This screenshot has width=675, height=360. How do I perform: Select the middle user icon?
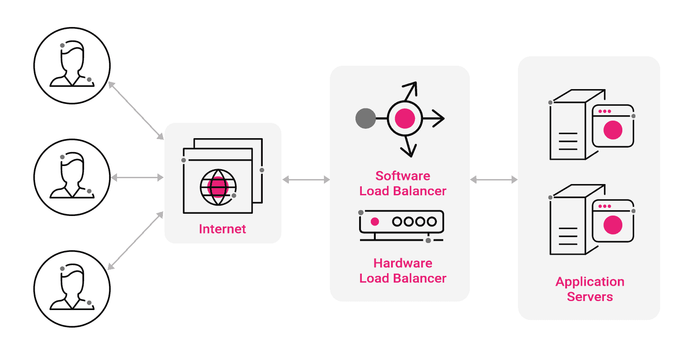coord(72,176)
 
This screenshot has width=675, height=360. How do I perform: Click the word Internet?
coord(222,229)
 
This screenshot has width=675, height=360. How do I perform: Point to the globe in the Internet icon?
coord(218,187)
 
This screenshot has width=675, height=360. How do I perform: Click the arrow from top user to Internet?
coord(136,111)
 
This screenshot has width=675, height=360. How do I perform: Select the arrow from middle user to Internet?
coord(137,178)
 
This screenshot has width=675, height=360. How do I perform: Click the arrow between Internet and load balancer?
coord(306,180)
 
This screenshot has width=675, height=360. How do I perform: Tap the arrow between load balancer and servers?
coord(494,180)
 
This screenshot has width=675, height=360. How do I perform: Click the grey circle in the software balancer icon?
coord(365,118)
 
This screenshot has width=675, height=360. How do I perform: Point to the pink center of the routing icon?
coord(404,118)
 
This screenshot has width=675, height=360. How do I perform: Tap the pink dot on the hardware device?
coord(374,221)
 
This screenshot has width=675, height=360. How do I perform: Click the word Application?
coord(589,282)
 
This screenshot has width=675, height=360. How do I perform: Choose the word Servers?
coord(589,297)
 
